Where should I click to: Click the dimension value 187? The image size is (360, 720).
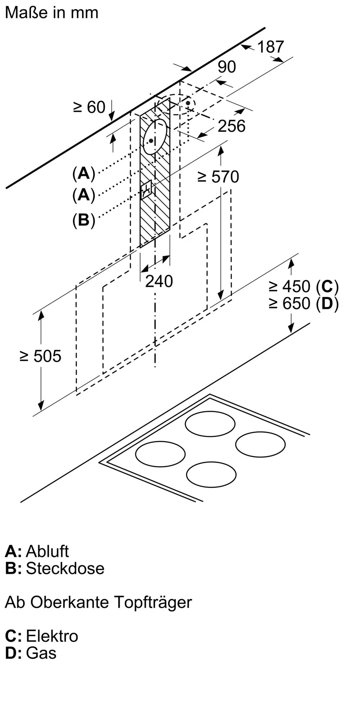coord(271,47)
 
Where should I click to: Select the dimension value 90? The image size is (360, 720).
coord(227,67)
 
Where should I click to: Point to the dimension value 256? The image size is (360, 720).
coord(231,126)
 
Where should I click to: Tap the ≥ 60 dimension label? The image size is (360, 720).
coord(89,107)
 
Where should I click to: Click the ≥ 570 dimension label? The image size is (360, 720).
coord(218,177)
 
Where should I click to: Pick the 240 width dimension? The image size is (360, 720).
coord(159,281)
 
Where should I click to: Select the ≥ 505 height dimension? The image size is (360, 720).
coord(40,356)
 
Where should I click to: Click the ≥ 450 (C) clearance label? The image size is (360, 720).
coord(303,287)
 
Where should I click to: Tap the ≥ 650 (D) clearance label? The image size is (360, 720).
coord(303,303)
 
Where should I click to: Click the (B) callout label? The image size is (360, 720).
coord(84,220)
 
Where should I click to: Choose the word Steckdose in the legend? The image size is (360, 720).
coord(65,568)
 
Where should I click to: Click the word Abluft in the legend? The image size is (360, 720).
coord(47,551)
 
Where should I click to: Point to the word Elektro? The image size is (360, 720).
coord(52,636)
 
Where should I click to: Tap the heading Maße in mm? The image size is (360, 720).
coord(52,13)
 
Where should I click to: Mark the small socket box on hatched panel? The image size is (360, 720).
coord(147,190)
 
